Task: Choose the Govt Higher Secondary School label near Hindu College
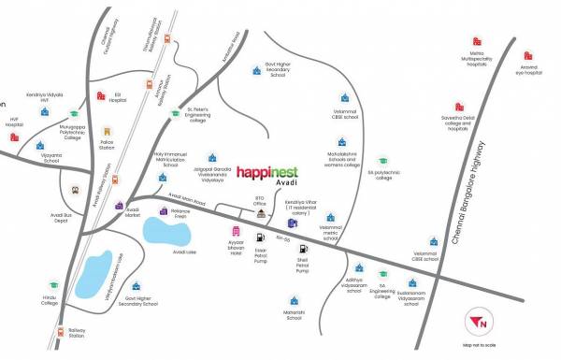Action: click(x=137, y=301)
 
